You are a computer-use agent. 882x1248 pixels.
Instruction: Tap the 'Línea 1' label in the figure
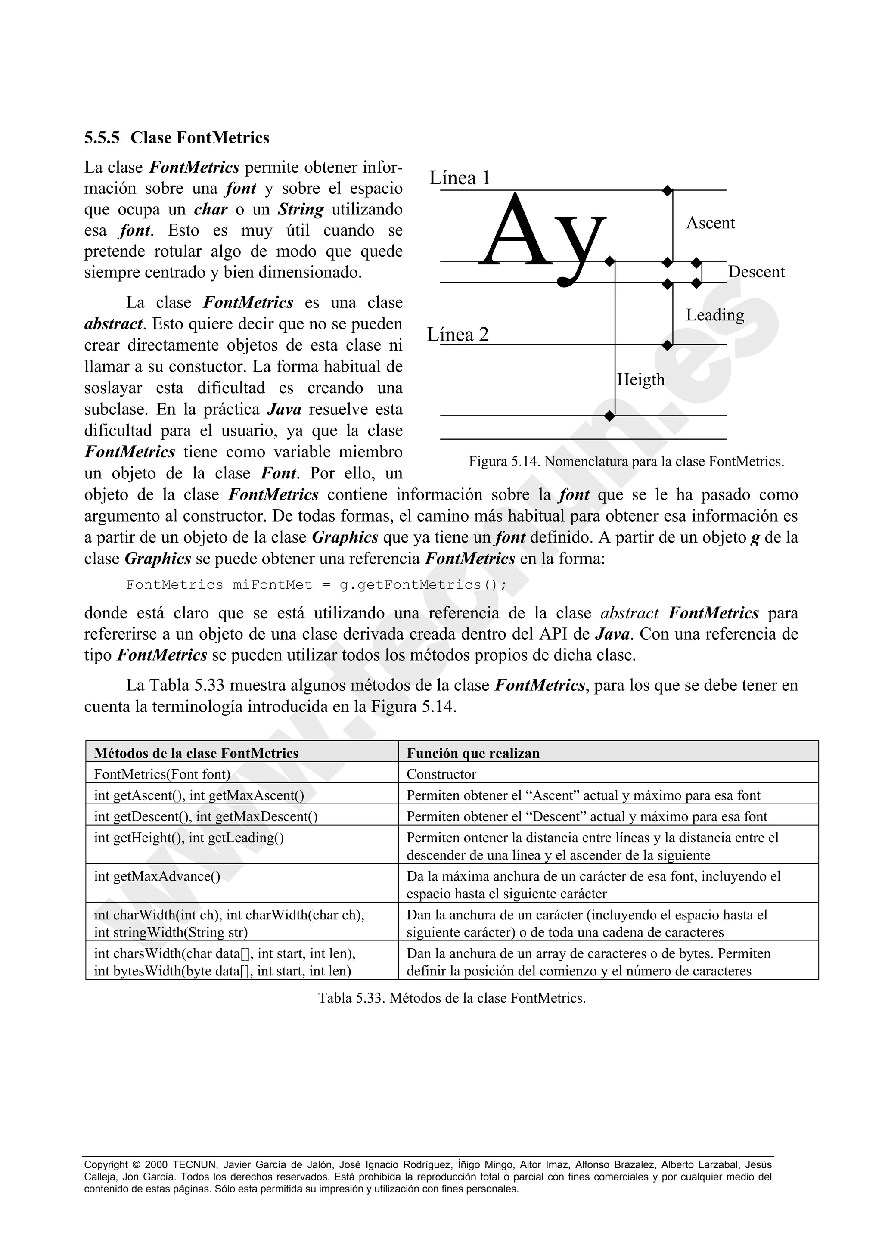tap(460, 178)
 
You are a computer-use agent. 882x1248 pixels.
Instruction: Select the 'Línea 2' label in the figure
tap(458, 334)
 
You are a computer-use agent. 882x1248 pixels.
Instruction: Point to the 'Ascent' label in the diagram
tap(710, 223)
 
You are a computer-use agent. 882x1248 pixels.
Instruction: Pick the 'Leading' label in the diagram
tap(714, 315)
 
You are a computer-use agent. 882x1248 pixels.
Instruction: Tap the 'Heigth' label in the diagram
tap(641, 379)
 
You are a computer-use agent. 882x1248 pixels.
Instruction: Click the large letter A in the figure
tap(513, 231)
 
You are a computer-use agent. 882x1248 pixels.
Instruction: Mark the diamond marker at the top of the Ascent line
tap(668, 190)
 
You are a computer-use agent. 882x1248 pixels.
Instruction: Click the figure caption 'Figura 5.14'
tap(626, 462)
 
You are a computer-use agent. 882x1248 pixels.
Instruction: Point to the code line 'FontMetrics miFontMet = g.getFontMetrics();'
tap(317, 585)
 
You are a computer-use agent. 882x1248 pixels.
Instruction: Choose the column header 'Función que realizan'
tap(473, 753)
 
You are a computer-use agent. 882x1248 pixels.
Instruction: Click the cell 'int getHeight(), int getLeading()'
tap(189, 838)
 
